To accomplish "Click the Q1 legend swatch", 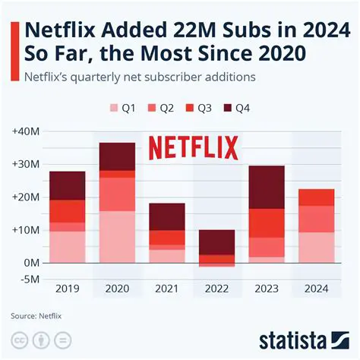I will click(x=115, y=108).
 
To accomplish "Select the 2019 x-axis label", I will click(x=68, y=289).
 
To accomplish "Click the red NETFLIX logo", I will click(x=192, y=147).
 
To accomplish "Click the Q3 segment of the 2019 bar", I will click(x=68, y=211).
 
